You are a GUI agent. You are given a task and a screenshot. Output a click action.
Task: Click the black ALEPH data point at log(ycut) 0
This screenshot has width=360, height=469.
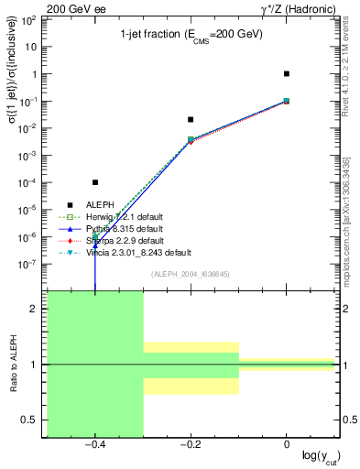point(287,73)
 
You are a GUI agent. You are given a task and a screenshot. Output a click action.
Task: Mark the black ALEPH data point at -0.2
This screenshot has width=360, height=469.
point(191,119)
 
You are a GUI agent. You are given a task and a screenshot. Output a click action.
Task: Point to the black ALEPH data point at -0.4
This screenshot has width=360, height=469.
point(95,182)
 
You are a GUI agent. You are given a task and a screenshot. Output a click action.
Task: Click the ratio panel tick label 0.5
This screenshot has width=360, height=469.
point(35,420)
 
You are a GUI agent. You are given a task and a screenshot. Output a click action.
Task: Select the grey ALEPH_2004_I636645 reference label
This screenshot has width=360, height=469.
point(190,274)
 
